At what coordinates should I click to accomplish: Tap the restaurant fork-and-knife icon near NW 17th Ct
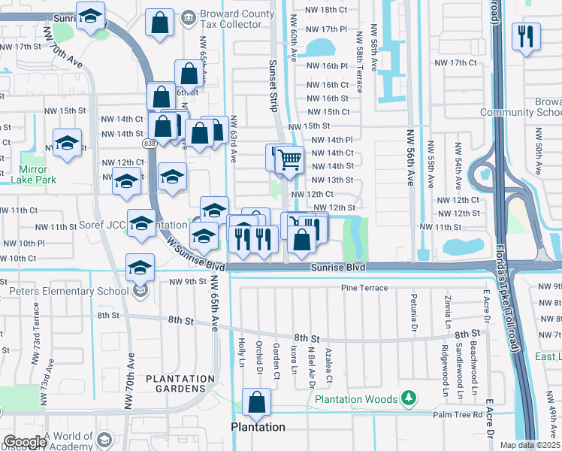click(x=525, y=35)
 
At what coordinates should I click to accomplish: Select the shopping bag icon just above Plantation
click(x=257, y=402)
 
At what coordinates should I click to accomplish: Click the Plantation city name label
click(x=258, y=427)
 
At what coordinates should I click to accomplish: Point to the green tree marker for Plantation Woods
click(x=408, y=397)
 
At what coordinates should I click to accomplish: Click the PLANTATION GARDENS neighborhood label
click(x=175, y=383)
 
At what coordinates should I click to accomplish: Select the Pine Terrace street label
click(x=364, y=288)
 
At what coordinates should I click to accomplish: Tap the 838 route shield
click(x=150, y=143)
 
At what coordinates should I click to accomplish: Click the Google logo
click(x=25, y=442)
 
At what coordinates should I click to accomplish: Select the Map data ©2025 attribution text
click(x=529, y=445)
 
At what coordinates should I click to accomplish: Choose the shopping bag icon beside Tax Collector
click(x=160, y=23)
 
